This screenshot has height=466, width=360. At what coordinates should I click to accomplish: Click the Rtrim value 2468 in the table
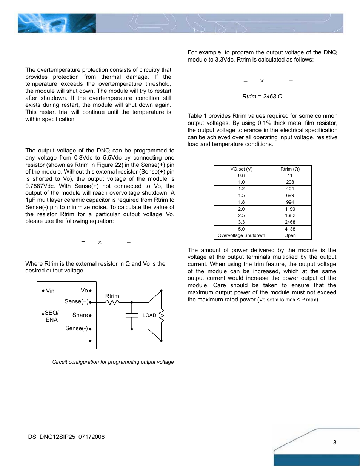[x=290, y=222]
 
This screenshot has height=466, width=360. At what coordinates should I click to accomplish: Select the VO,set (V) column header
[x=242, y=169]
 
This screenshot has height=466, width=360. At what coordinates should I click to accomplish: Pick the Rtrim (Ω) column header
[x=290, y=169]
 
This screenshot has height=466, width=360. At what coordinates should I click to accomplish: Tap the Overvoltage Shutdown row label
[x=242, y=235]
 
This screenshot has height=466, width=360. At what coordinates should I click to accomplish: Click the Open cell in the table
[x=290, y=235]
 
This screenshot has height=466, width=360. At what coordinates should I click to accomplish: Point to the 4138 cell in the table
[x=290, y=229]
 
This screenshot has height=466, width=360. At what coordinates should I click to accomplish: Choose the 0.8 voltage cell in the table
[x=242, y=175]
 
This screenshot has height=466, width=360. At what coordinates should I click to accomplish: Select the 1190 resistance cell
[x=290, y=209]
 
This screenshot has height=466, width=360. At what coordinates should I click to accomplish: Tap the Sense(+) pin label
[x=76, y=301]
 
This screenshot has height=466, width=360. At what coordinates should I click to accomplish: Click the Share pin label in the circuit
[x=80, y=315]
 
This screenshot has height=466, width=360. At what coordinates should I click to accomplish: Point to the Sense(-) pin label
[x=76, y=328]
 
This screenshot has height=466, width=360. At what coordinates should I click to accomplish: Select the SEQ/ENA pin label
[x=52, y=316]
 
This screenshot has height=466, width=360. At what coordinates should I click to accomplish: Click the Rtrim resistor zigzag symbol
[x=112, y=302]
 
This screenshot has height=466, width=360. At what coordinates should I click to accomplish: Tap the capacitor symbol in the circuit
[x=132, y=315]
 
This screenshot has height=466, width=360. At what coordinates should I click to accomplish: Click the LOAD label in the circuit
[x=149, y=315]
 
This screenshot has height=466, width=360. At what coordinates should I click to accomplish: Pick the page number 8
[x=335, y=442]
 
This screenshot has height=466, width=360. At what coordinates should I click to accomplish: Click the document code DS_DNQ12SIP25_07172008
[x=66, y=437]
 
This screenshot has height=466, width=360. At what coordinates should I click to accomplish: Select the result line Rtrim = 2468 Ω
[x=262, y=97]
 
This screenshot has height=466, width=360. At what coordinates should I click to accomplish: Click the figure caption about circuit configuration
[x=113, y=362]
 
